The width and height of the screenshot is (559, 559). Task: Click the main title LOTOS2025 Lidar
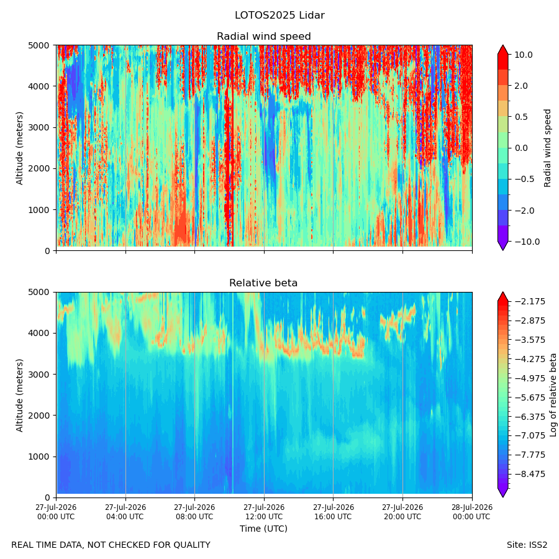coord(279,16)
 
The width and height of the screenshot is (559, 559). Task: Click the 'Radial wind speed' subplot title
coord(264,37)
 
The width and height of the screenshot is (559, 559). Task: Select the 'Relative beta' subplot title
coord(263,283)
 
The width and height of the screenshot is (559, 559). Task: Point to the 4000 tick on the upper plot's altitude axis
coord(39,86)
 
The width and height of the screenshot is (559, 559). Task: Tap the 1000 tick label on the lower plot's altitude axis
coord(39,457)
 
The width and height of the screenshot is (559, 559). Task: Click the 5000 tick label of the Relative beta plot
coord(39,292)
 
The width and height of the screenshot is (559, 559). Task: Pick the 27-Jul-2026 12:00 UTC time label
coord(264,512)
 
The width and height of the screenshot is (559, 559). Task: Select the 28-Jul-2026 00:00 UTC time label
coord(471,512)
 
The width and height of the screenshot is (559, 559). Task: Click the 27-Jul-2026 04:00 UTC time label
coord(125,512)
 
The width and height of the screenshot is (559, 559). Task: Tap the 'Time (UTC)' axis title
coord(263,529)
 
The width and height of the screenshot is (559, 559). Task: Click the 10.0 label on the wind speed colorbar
coord(524,55)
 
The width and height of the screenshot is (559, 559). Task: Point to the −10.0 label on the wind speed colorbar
coord(527,242)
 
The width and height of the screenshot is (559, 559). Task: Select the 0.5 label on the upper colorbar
coord(521,117)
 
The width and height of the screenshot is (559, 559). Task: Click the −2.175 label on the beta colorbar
coord(530,302)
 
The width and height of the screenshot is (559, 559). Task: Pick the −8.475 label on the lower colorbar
coord(530,474)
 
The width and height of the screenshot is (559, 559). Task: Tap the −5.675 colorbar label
coord(530,398)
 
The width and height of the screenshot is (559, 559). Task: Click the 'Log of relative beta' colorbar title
coord(553,395)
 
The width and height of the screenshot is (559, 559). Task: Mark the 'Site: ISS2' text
coord(527,545)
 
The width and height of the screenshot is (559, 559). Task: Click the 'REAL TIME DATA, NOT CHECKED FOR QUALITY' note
coord(111,545)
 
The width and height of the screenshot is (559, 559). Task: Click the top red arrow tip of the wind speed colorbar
coord(502,45)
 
